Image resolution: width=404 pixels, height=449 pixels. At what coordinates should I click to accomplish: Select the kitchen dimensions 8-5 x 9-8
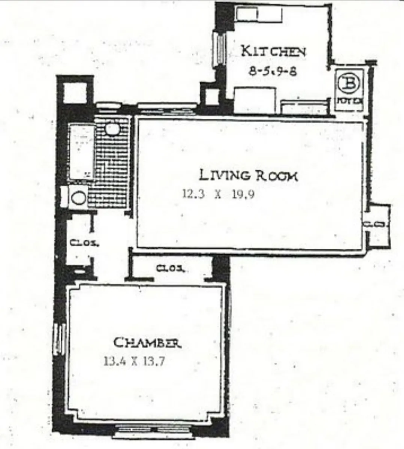[x=273, y=71]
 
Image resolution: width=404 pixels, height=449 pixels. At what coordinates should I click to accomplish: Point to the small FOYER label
[x=349, y=100]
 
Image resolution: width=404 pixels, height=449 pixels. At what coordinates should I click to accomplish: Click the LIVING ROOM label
[x=248, y=175]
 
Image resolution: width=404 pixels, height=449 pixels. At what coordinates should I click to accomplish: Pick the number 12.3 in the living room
[x=193, y=194]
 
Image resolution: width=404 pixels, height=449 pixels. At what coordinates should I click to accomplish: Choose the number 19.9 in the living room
[x=243, y=194]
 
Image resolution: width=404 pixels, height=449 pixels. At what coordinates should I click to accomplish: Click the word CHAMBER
[x=147, y=343]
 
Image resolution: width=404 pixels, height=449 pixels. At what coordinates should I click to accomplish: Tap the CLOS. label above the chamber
[x=170, y=269]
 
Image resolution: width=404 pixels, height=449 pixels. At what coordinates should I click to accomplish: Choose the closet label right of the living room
[x=376, y=224]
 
